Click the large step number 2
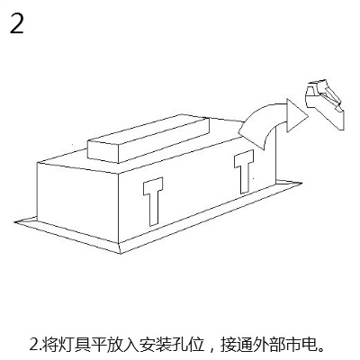pyautogui.click(x=17, y=23)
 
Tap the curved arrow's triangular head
pyautogui.click(x=296, y=116)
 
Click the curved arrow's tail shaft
pyautogui.click(x=260, y=126)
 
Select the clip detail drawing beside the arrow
pyautogui.click(x=325, y=104)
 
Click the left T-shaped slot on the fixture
pyautogui.click(x=153, y=201)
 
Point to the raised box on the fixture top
pyautogui.click(x=148, y=139)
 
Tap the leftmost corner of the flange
pyautogui.click(x=14, y=222)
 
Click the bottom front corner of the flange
pyautogui.click(x=121, y=254)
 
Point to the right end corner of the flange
pyautogui.click(x=301, y=182)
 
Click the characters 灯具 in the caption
pyautogui.click(x=73, y=345)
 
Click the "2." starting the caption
pyautogui.click(x=35, y=346)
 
